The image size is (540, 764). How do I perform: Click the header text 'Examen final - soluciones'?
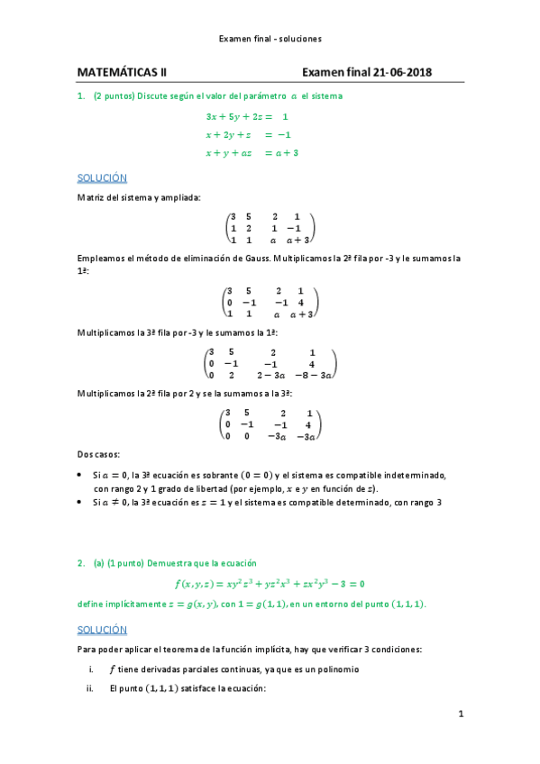click(270, 39)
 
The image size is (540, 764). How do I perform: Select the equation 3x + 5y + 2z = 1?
click(246, 117)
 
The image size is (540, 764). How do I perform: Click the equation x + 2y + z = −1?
click(245, 135)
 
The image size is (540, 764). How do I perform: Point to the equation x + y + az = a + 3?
click(252, 153)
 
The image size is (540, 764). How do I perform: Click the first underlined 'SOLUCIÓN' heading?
click(102, 178)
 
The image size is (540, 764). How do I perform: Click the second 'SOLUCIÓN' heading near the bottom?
click(102, 629)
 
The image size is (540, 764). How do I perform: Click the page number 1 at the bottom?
click(460, 714)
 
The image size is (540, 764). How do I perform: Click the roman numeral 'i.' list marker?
click(89, 669)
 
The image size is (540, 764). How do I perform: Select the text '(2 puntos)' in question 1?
click(114, 95)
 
